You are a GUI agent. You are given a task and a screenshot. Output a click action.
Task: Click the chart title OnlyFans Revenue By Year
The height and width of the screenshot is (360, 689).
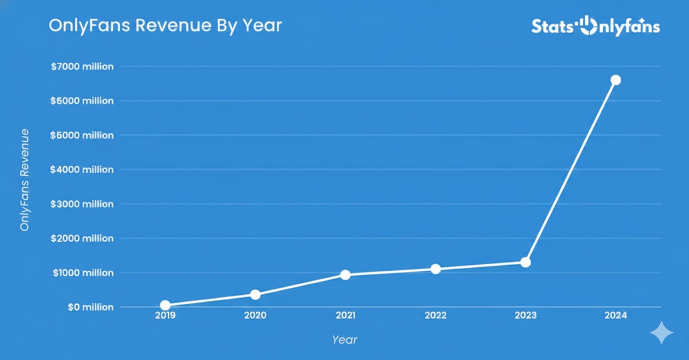[165, 25]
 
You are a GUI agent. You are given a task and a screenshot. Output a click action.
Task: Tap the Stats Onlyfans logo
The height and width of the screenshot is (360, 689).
[596, 26]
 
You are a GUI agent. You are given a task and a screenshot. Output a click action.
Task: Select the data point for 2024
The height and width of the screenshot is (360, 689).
[616, 80]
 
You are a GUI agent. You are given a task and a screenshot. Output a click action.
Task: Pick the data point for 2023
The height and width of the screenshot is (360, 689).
[526, 262]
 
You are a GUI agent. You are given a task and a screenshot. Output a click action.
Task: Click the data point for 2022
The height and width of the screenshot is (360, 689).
[436, 269]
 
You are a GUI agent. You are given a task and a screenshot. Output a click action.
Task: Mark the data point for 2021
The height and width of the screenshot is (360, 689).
[345, 275]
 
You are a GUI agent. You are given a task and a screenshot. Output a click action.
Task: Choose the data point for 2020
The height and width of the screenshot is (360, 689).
[255, 294]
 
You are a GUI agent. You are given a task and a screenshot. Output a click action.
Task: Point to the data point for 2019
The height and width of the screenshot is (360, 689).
[165, 306]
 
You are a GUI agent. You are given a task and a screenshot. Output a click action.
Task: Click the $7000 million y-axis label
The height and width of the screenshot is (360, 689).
[82, 67]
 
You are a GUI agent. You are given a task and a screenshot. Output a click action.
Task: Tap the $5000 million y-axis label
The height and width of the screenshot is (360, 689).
[82, 135]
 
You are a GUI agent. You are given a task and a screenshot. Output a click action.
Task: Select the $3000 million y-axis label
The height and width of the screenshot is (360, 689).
[82, 204]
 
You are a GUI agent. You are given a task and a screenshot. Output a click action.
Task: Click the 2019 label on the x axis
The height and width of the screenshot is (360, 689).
[165, 316]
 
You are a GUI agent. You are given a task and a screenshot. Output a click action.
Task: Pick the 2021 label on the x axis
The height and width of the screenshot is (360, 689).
[345, 316]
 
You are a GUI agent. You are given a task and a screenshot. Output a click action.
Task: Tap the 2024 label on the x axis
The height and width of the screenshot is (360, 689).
[616, 316]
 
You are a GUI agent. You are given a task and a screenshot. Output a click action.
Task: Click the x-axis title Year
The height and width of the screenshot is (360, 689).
[344, 339]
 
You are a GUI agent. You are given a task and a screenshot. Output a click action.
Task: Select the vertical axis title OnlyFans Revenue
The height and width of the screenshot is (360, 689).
[24, 180]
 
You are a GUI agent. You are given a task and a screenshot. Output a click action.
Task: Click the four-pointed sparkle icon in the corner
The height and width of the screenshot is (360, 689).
[662, 333]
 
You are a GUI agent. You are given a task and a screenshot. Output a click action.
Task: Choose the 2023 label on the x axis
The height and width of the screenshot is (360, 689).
[526, 316]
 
